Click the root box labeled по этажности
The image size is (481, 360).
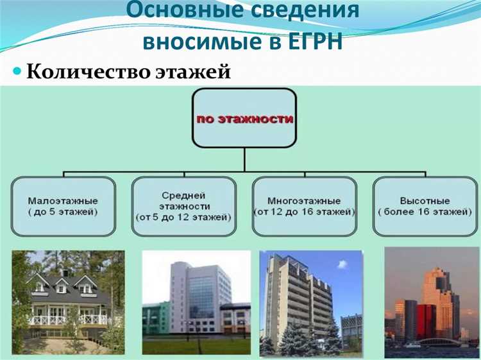pyautogui.click(x=244, y=119)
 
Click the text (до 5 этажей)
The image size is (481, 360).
pyautogui.click(x=63, y=210)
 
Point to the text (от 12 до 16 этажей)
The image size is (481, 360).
pyautogui.click(x=305, y=210)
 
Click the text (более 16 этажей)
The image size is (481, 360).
pyautogui.click(x=425, y=210)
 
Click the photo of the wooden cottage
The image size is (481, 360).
pyautogui.click(x=68, y=302)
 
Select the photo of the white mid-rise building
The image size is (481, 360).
pyautogui.click(x=196, y=302)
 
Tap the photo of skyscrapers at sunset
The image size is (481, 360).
pyautogui.click(x=431, y=302)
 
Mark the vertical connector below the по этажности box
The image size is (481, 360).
pyautogui.click(x=244, y=160)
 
